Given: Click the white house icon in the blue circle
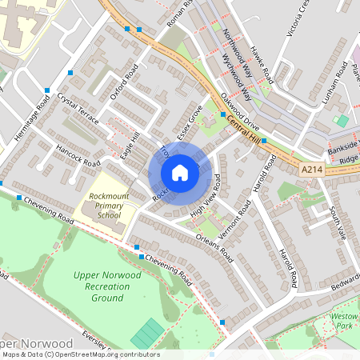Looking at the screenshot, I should (180, 173).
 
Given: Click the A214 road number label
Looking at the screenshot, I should (314, 170).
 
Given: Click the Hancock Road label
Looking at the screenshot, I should (78, 157).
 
